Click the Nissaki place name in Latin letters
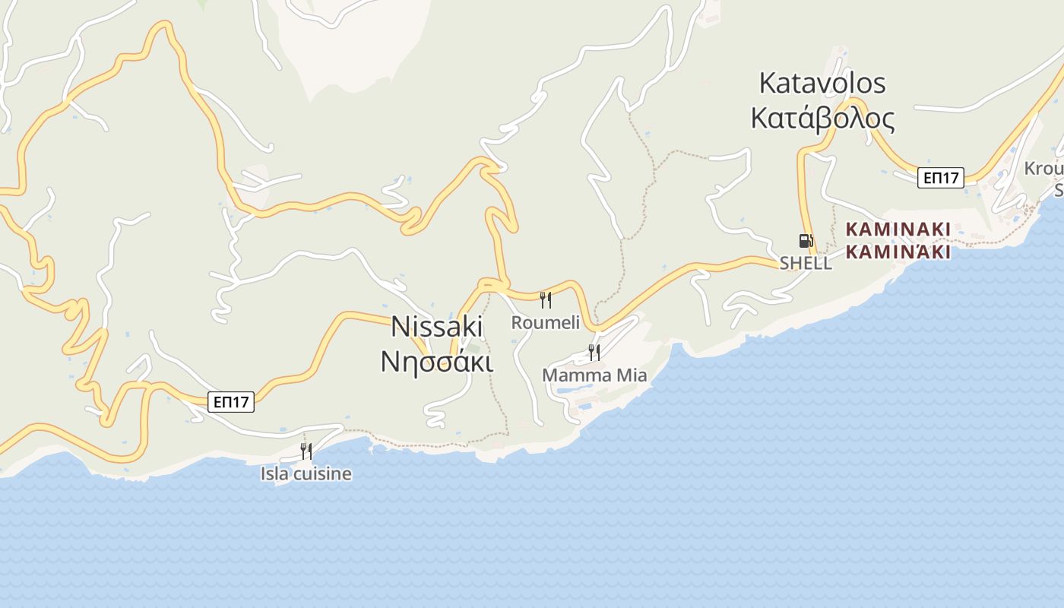(437, 326)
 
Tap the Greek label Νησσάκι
(437, 361)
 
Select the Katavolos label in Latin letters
(822, 83)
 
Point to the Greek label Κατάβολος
(822, 119)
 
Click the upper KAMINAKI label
(898, 229)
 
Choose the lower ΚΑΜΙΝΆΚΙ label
(898, 252)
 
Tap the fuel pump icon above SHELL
(806, 241)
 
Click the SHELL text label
(806, 264)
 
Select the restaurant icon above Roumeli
(545, 299)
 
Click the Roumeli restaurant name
(545, 322)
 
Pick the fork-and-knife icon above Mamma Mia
(594, 352)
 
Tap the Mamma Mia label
(594, 375)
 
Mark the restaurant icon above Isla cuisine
(306, 451)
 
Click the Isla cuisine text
(306, 474)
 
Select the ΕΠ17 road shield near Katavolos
(940, 178)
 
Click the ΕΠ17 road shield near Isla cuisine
(230, 402)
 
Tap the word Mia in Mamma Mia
(632, 375)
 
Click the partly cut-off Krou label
(1044, 168)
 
